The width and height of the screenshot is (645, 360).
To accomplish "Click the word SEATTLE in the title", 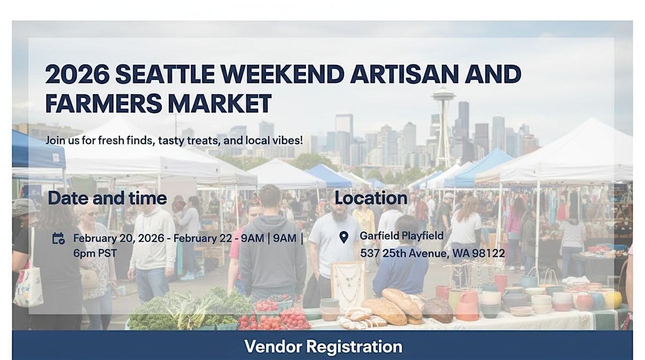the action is [165, 74].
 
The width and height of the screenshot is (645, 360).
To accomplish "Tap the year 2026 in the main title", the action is [77, 74].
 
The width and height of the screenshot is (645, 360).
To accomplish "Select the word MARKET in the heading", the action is [219, 103].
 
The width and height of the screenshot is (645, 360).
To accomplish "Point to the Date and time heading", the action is [107, 198].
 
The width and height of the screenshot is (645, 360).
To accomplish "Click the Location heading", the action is [371, 198].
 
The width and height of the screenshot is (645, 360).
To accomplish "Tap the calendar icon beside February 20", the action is [58, 239].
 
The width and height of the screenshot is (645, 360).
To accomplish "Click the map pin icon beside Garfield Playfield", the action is [344, 237].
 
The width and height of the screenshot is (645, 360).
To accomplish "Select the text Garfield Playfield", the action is [402, 236].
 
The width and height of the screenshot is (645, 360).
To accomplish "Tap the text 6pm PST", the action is [95, 253].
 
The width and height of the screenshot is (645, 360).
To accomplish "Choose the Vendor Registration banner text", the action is [323, 346].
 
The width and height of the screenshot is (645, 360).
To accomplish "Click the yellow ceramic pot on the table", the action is [613, 299].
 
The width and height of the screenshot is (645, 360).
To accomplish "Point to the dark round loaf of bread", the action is [438, 309].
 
